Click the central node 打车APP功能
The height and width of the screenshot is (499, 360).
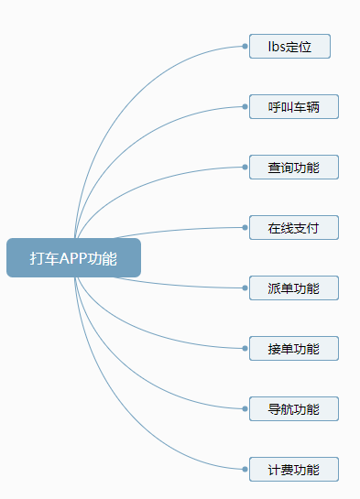73,257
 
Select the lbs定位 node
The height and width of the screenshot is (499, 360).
289,46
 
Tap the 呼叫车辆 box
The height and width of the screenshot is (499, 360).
293,106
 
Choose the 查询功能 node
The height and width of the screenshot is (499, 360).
293,168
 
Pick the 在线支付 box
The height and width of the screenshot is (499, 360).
293,228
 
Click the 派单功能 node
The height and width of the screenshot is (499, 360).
293,287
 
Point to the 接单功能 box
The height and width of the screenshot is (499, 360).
293,348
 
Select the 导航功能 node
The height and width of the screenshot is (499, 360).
293,408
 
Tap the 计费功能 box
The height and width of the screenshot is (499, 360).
293,469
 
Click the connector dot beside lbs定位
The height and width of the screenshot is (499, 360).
245,46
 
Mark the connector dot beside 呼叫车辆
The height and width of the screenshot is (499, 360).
245,106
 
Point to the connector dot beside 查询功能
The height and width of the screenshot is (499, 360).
245,168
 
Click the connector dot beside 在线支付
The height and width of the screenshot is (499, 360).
245,228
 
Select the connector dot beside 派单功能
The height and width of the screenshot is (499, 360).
245,287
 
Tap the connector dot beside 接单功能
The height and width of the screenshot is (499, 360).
245,348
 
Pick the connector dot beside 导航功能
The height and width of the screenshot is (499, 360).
245,408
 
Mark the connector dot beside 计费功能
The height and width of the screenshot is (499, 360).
245,469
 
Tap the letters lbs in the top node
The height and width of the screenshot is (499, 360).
276,46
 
